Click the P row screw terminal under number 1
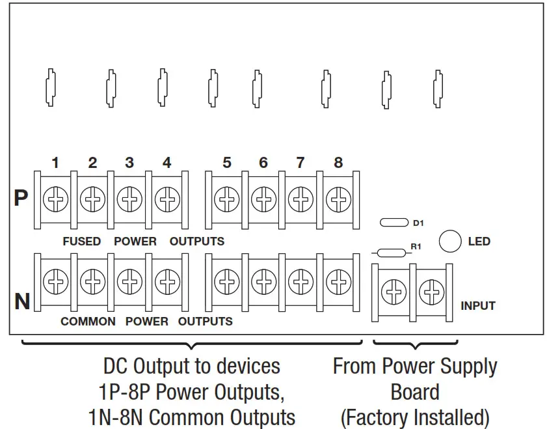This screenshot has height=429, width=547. click(55, 199)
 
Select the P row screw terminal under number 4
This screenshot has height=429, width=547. click(167, 199)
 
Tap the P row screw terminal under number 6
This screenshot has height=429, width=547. click(263, 199)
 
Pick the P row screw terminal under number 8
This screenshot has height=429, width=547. click(338, 199)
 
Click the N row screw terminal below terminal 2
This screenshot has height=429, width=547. click(92, 283)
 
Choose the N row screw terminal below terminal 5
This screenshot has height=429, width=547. click(226, 283)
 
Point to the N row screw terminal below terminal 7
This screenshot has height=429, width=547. click(300, 283)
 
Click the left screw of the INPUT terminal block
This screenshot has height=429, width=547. click(394, 292)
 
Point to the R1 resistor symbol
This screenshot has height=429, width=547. click(390, 253)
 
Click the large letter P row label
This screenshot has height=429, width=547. click(21, 198)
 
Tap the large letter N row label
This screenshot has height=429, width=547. click(22, 301)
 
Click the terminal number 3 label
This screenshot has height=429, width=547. click(129, 163)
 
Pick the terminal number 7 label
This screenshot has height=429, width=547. click(300, 163)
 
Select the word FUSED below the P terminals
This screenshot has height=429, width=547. click(82, 242)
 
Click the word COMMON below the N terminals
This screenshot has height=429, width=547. click(88, 322)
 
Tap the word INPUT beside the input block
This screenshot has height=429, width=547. click(478, 306)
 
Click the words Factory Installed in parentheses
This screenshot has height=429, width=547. click(415, 416)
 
